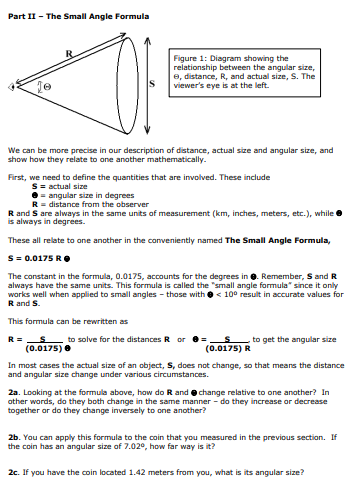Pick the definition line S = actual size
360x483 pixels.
62,186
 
